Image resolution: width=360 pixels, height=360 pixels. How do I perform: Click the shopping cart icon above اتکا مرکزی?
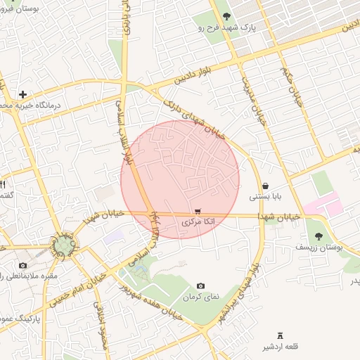point(198,210)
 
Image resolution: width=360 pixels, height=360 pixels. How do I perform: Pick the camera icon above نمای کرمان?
point(201,286)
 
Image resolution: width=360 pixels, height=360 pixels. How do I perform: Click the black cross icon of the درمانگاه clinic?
point(23,94)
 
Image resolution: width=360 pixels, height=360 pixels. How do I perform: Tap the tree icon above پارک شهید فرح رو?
point(226,16)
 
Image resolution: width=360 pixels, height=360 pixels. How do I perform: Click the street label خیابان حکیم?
point(295,81)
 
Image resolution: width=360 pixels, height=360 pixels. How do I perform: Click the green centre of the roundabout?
point(65,245)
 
